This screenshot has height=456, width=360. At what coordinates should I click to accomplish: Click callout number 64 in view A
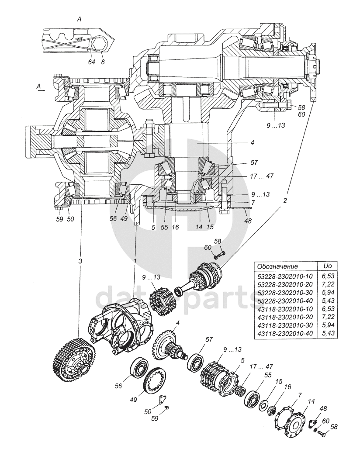click(x=91, y=63)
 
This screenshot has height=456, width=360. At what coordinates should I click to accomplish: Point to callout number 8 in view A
click(x=103, y=63)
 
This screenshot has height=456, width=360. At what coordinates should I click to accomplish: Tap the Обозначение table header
click(x=277, y=266)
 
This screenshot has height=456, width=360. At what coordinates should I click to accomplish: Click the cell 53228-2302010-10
click(x=285, y=276)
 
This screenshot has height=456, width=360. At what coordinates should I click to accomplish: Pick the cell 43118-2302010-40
click(x=285, y=333)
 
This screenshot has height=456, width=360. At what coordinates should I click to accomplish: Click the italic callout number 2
click(x=285, y=201)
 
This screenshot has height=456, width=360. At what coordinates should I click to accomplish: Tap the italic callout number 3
click(x=80, y=261)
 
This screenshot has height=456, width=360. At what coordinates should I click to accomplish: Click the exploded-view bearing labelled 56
click(x=141, y=367)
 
